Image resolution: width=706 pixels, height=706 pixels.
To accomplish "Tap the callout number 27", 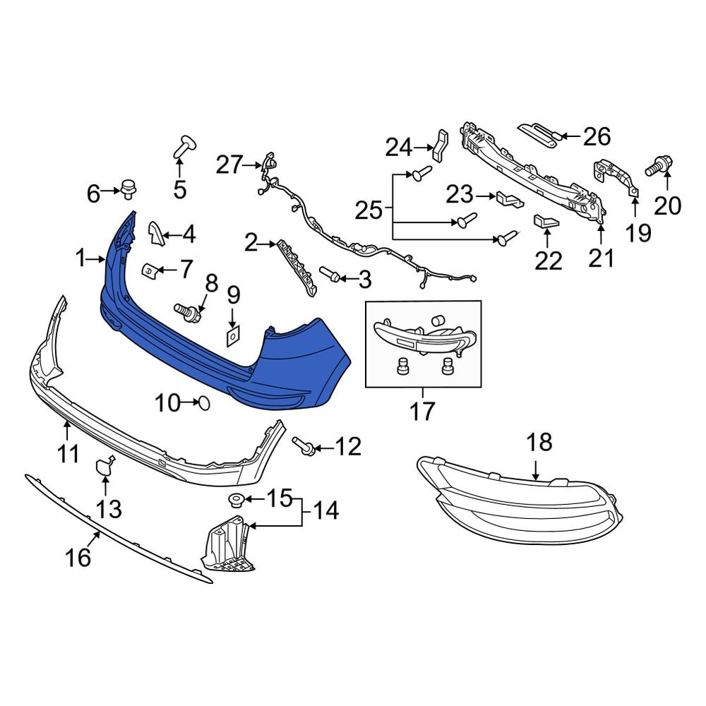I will (229, 166).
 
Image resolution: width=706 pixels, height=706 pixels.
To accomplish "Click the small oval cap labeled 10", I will (203, 403).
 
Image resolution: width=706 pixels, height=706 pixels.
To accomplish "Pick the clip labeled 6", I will (128, 189).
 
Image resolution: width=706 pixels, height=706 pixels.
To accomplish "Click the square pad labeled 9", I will (232, 336).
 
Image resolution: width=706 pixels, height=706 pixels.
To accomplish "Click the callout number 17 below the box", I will (423, 412).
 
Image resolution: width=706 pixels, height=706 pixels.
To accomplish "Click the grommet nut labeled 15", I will (234, 501).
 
